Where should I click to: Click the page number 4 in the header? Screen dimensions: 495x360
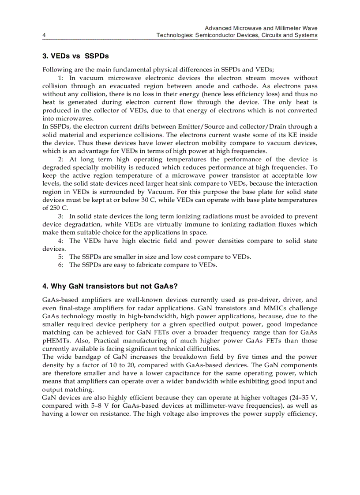click(x=44, y=35)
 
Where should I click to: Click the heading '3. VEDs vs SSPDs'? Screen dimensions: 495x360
click(x=75, y=56)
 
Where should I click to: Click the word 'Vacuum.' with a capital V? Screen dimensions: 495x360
click(x=159, y=192)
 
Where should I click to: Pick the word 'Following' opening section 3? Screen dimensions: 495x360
click(x=56, y=70)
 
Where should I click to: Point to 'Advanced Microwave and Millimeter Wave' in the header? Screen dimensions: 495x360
click(x=261, y=28)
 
